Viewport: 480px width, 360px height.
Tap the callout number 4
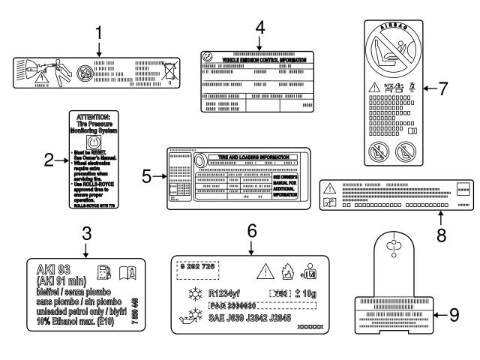(x=259, y=25)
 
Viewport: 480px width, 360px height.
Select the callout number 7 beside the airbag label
(x=443, y=88)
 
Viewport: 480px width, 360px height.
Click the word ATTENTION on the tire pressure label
(x=94, y=117)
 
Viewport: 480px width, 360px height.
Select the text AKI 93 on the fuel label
(x=54, y=267)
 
